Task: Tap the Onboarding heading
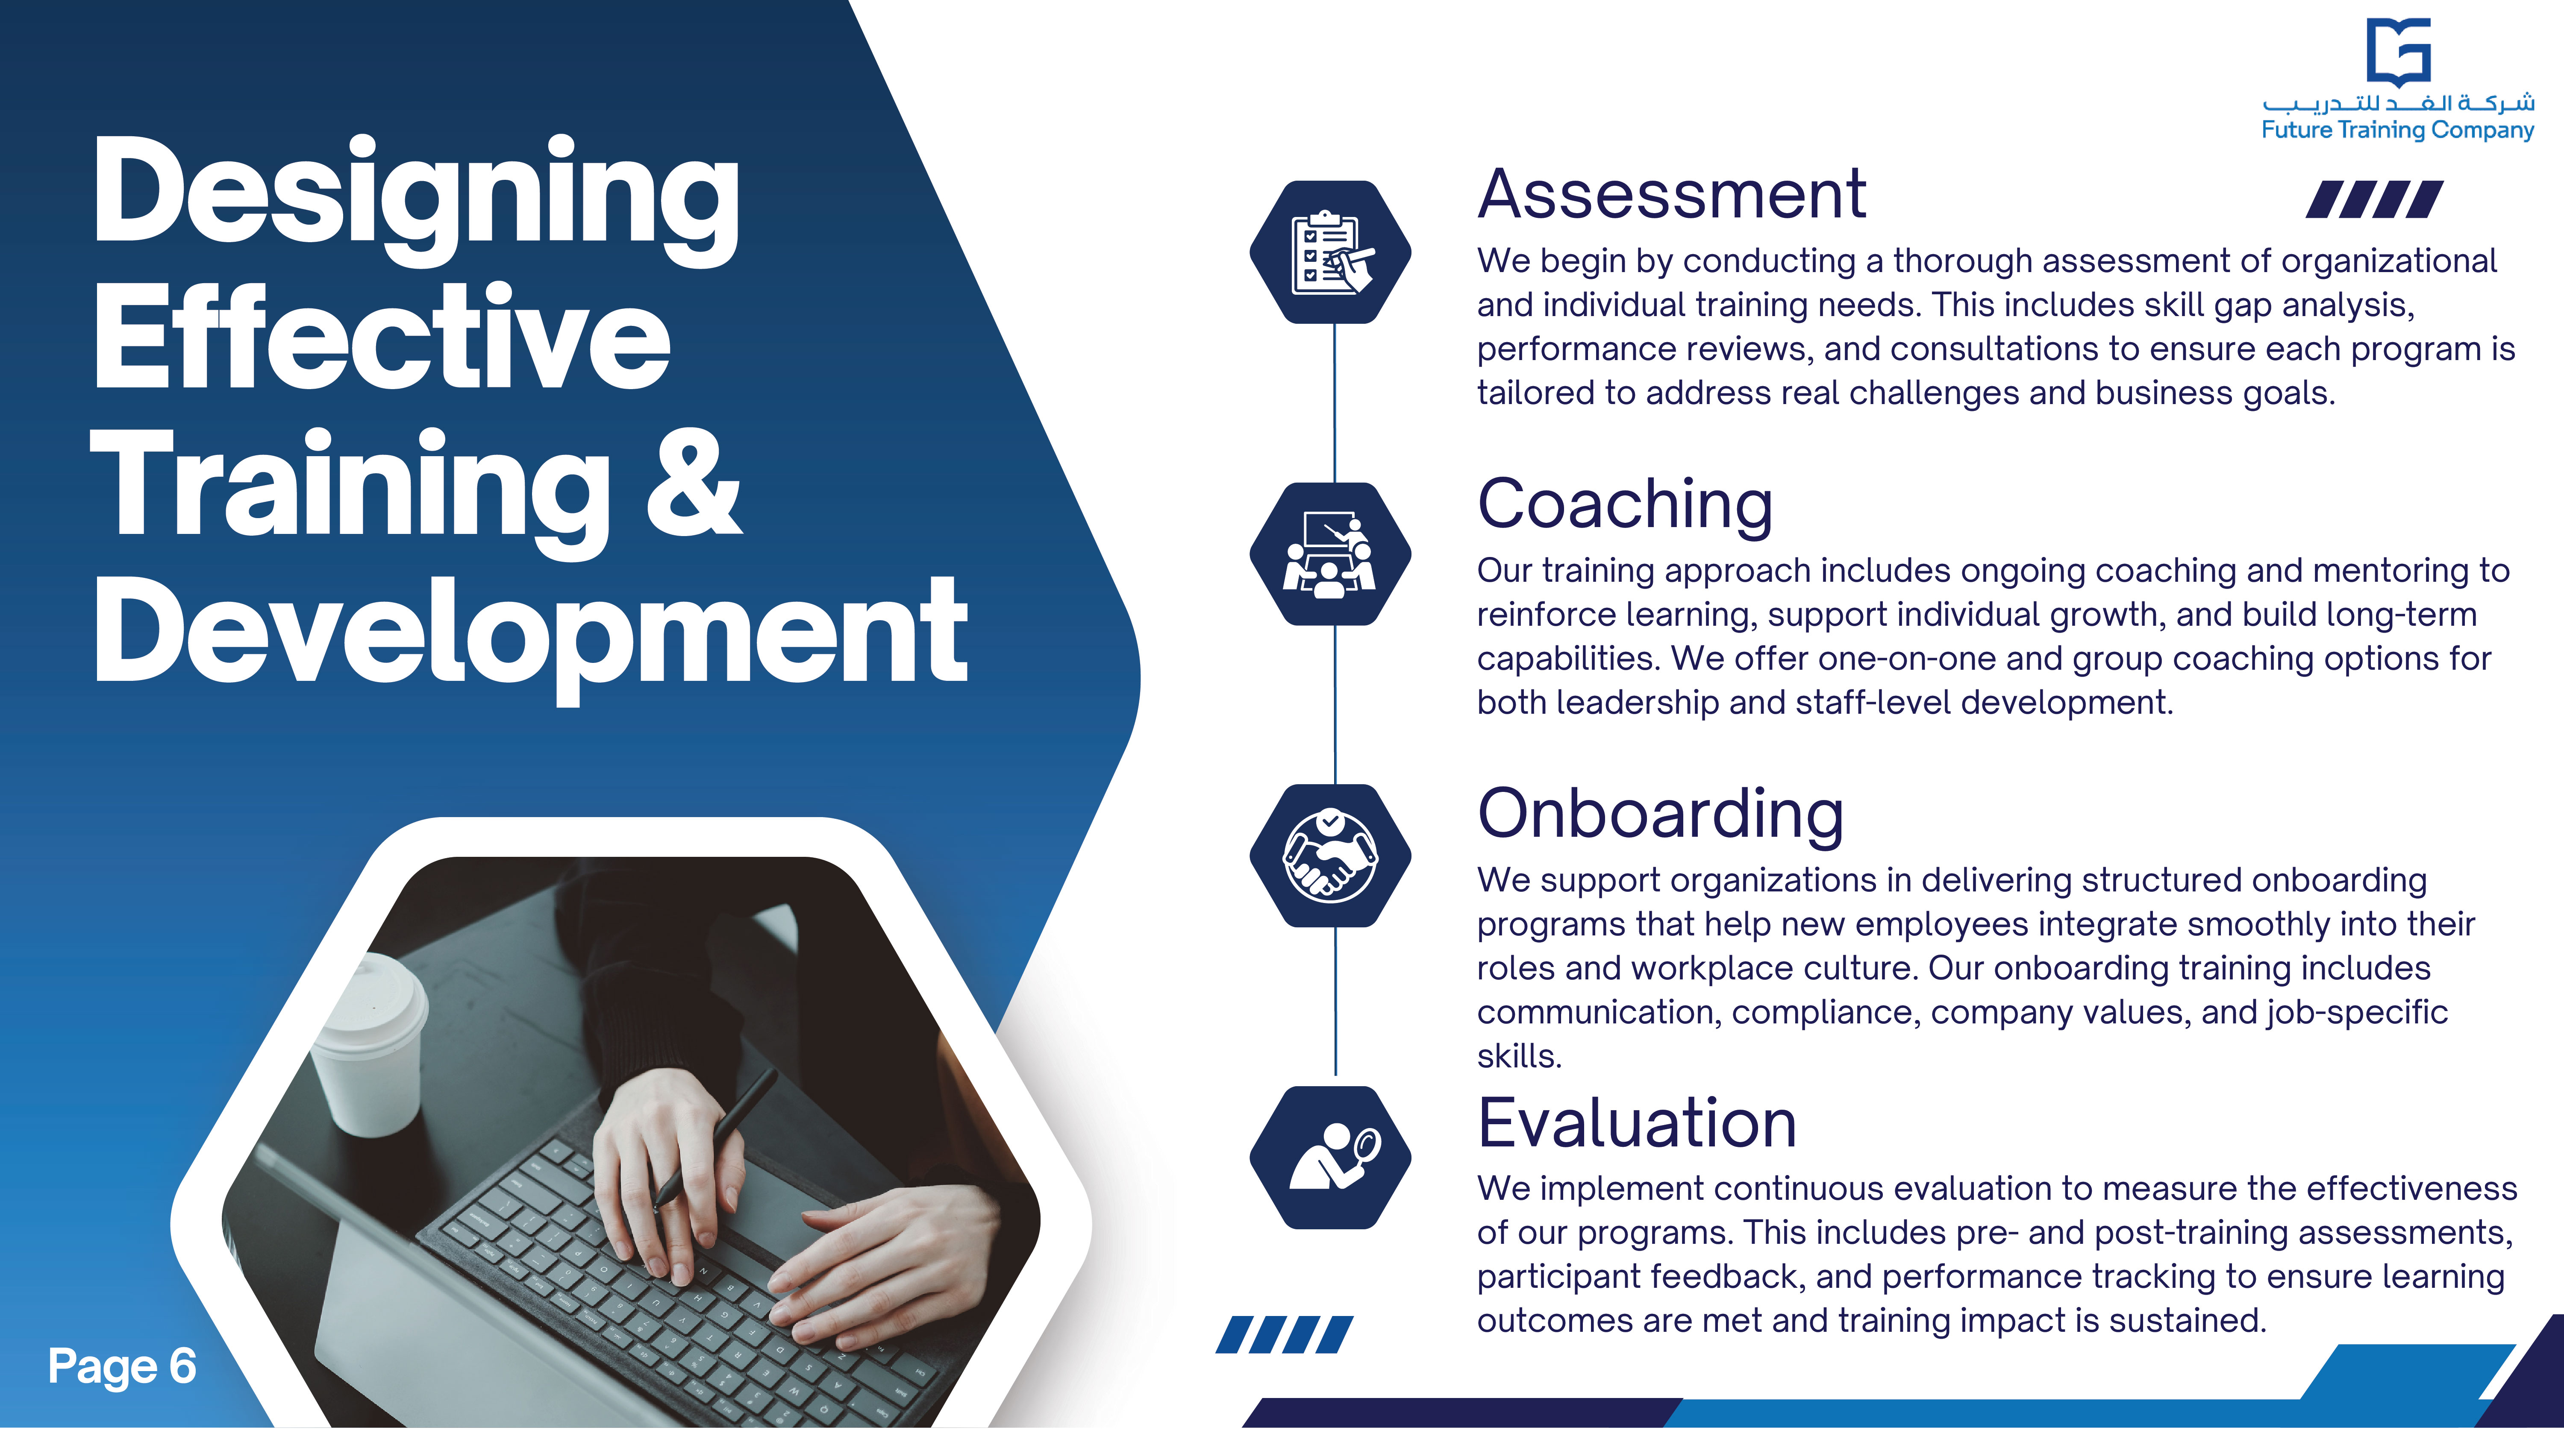point(1660,815)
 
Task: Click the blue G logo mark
point(2399,53)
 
